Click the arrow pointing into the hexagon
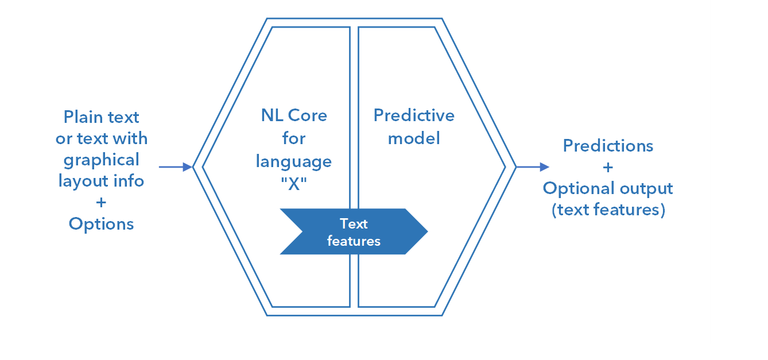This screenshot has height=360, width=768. tap(176, 167)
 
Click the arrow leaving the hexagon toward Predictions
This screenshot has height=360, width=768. tap(533, 167)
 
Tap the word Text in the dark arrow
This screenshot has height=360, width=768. tap(354, 223)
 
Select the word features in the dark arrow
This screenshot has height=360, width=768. tap(354, 241)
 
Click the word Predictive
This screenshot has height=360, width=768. tap(414, 115)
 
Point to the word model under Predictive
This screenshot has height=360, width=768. tap(414, 138)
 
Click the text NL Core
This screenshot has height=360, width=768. tap(294, 115)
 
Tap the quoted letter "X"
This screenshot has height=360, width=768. tap(294, 183)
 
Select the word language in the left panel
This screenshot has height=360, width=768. tap(294, 161)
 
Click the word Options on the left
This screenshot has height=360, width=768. tap(101, 223)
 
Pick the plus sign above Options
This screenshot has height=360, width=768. tap(101, 202)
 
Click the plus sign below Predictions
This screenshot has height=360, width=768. tap(608, 167)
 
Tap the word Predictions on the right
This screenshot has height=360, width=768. tap(608, 145)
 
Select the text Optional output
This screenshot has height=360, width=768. tap(608, 188)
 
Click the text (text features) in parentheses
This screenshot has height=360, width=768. tap(608, 210)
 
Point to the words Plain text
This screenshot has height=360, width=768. tap(101, 117)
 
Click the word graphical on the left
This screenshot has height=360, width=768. tap(101, 160)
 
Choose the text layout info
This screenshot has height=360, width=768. tap(101, 181)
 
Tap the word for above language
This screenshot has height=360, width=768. tap(294, 138)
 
